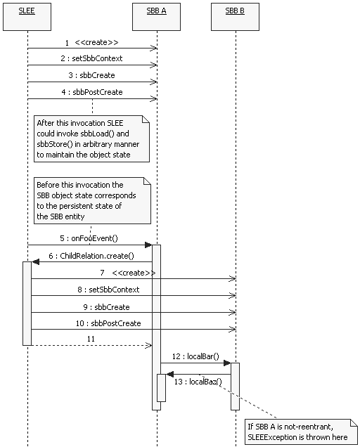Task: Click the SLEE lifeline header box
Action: click(x=27, y=16)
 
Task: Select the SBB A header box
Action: click(x=157, y=16)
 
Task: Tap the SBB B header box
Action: click(x=235, y=16)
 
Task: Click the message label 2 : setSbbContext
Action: click(x=92, y=58)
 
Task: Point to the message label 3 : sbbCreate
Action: click(x=91, y=75)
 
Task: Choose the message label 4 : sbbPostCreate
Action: click(x=91, y=92)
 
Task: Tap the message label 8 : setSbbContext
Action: click(x=108, y=289)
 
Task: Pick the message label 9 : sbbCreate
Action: click(x=108, y=306)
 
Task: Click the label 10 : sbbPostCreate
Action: click(x=108, y=323)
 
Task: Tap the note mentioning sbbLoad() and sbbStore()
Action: click(x=92, y=138)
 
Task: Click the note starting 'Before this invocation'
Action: click(x=92, y=201)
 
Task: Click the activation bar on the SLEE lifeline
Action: click(x=27, y=302)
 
